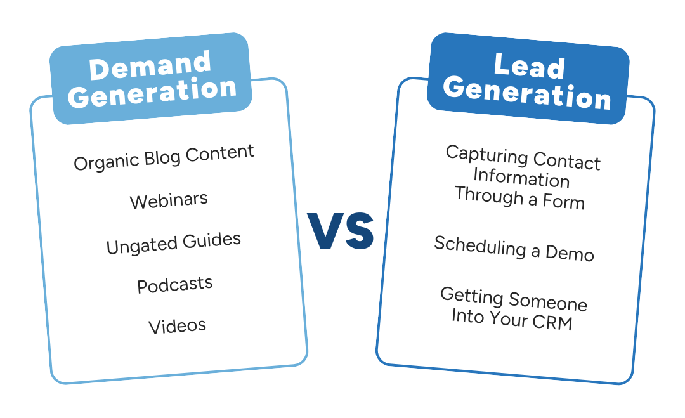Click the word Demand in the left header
point(150,65)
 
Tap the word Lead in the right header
point(530,67)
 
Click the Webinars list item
point(169,200)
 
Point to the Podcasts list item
point(175,285)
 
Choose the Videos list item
point(177,326)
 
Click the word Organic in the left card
point(106,162)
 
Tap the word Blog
point(162,158)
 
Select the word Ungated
point(141,245)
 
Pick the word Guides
point(212,240)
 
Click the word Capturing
point(486,155)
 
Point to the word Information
point(521,178)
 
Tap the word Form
point(564,201)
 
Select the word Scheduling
point(480,246)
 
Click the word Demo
point(570,253)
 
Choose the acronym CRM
point(552,322)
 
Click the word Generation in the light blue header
point(152,93)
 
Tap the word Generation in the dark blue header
point(527,93)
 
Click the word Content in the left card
point(219,153)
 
